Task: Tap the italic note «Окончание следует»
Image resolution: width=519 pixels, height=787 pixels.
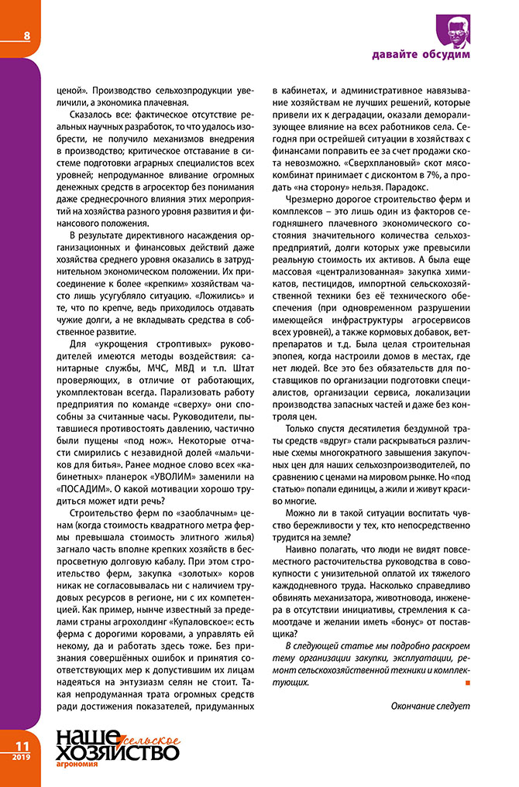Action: [x=430, y=706]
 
